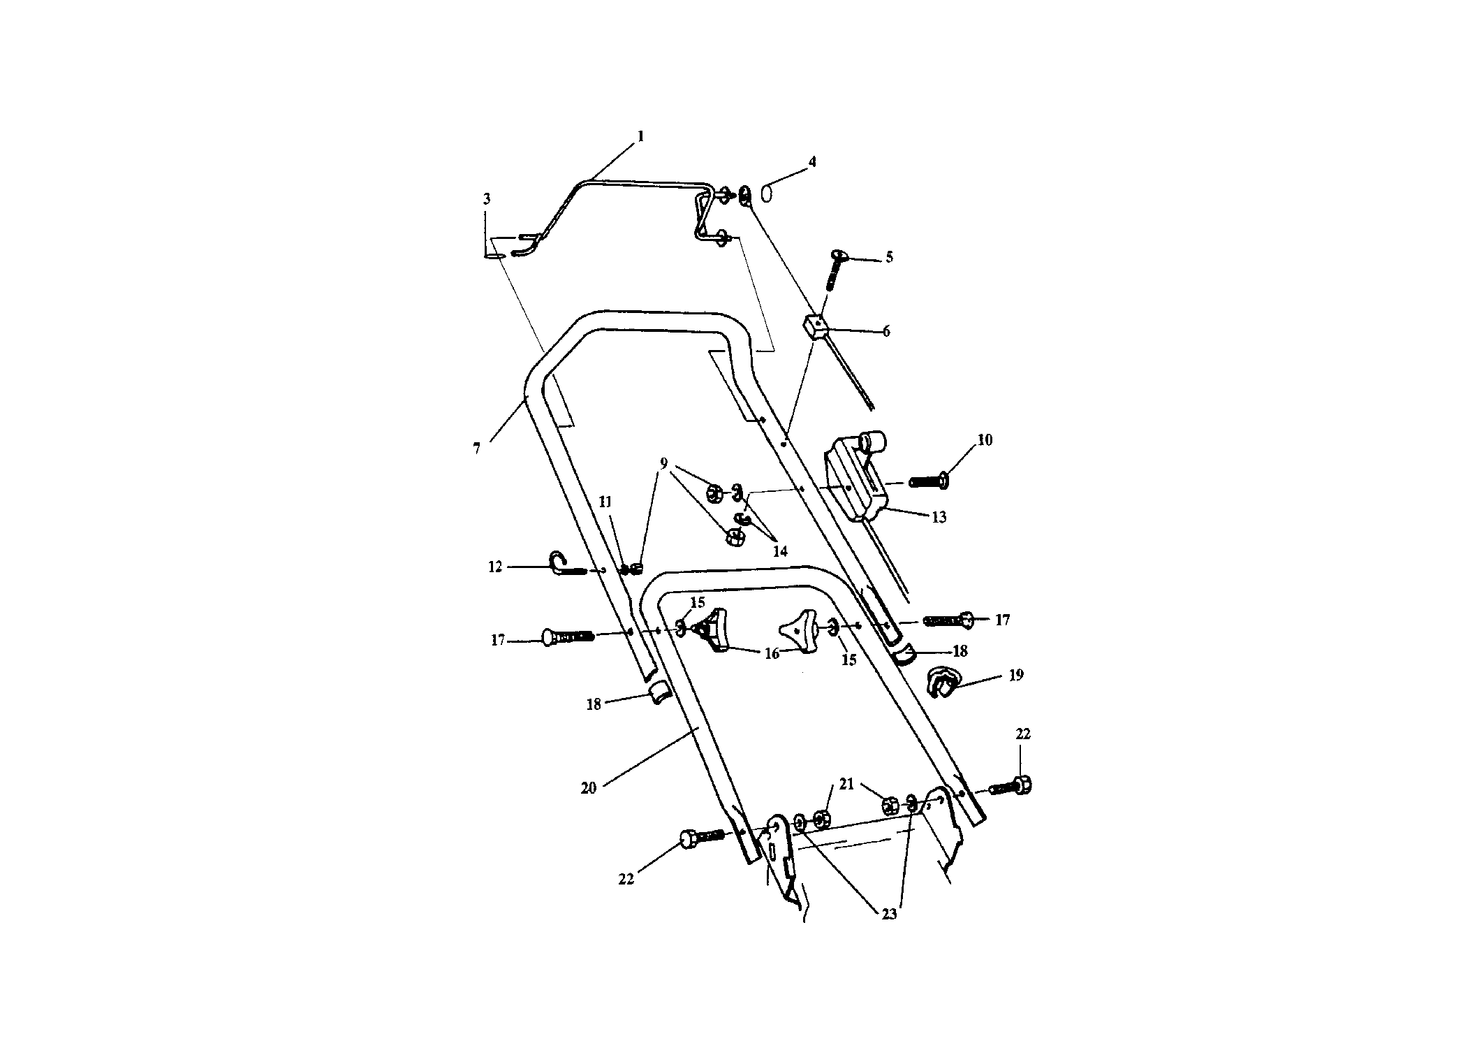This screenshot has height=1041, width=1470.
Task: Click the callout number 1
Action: pyautogui.click(x=641, y=136)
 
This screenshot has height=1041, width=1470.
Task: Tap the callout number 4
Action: pyautogui.click(x=812, y=161)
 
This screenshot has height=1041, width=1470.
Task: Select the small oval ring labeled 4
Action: pyautogui.click(x=766, y=193)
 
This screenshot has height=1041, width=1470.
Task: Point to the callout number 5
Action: pyautogui.click(x=889, y=257)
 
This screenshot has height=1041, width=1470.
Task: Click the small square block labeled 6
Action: pyautogui.click(x=814, y=326)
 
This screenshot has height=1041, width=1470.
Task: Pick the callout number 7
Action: pyautogui.click(x=477, y=449)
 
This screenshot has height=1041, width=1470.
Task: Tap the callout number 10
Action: pyautogui.click(x=985, y=440)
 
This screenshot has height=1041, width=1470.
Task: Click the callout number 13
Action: pyautogui.click(x=939, y=517)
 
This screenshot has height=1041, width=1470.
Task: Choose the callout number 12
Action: pyautogui.click(x=495, y=567)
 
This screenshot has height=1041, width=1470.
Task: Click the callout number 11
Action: pyautogui.click(x=605, y=502)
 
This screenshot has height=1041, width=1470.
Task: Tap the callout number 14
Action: pyautogui.click(x=780, y=551)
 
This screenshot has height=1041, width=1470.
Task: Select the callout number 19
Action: pyautogui.click(x=1016, y=675)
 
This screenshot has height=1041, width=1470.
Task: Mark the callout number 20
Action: pyautogui.click(x=589, y=788)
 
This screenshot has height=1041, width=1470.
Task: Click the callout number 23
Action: pyautogui.click(x=889, y=914)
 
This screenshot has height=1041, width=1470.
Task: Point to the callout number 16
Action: pyautogui.click(x=772, y=654)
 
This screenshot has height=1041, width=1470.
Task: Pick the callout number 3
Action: pyautogui.click(x=487, y=200)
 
